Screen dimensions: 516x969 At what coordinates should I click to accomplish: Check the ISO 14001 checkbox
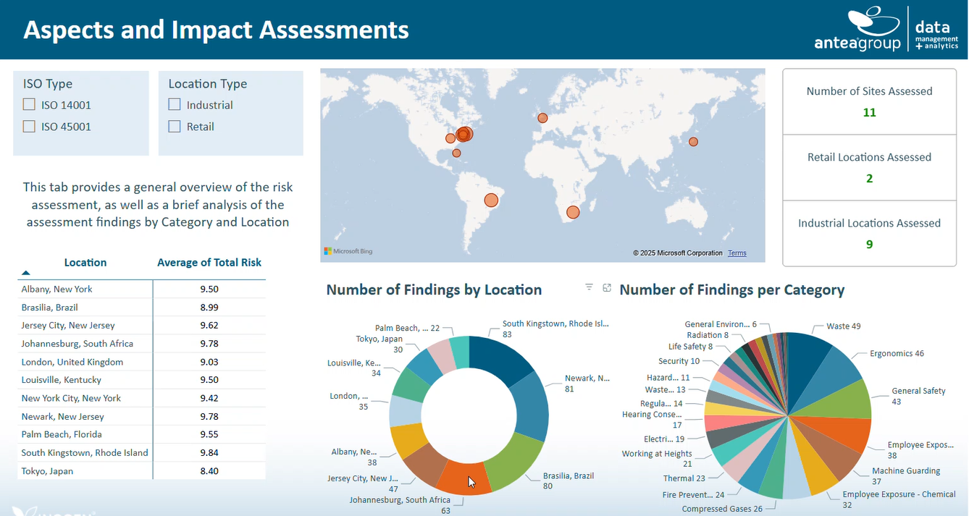(x=29, y=105)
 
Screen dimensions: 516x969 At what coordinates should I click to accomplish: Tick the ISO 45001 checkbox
(x=29, y=127)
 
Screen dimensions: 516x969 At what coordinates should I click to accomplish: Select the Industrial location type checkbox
(x=175, y=105)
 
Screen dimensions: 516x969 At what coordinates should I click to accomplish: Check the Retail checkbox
(x=175, y=127)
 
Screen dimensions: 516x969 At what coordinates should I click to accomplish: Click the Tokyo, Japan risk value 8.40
(x=209, y=471)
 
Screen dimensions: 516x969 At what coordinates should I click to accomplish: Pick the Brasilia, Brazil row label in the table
(x=49, y=308)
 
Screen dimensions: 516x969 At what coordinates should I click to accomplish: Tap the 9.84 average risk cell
(x=209, y=453)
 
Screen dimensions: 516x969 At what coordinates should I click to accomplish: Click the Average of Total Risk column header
(x=209, y=263)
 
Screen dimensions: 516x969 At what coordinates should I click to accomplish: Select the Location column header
(x=85, y=263)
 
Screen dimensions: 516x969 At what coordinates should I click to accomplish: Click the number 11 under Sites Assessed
(x=869, y=113)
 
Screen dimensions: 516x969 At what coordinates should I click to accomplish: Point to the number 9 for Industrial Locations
(x=869, y=245)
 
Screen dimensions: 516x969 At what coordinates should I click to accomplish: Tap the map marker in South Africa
(x=573, y=212)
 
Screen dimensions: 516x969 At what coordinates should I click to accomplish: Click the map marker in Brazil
(x=491, y=200)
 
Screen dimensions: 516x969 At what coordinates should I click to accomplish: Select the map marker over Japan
(x=693, y=142)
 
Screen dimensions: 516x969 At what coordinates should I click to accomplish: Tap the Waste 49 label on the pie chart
(x=843, y=326)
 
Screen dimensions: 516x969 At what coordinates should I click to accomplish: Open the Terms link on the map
(x=737, y=253)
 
